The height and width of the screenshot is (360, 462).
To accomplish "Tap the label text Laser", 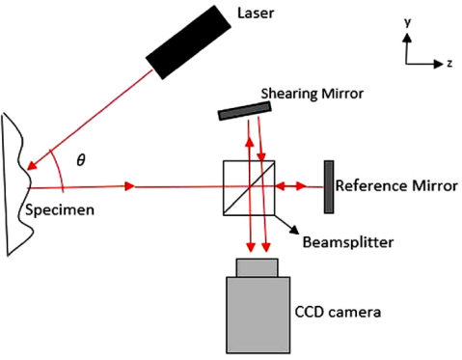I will pyautogui.click(x=255, y=14).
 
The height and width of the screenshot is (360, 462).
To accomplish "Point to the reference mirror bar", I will pyautogui.click(x=330, y=186).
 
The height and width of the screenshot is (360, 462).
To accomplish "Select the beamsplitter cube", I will pyautogui.click(x=249, y=186).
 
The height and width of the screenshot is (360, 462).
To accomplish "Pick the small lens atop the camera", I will pyautogui.click(x=256, y=266).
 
